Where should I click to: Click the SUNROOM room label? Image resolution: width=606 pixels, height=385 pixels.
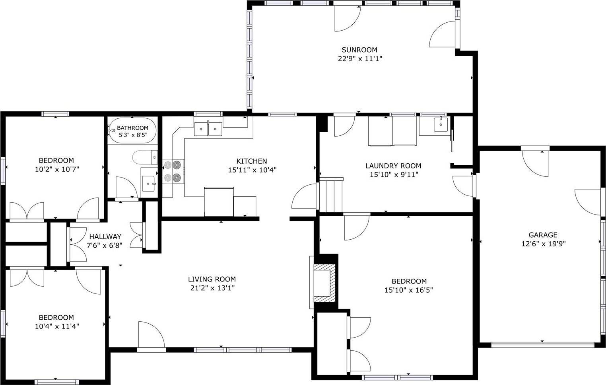359,50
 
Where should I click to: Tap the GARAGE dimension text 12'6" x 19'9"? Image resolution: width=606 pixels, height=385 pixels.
543,244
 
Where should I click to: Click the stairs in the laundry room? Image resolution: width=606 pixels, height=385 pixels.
332,195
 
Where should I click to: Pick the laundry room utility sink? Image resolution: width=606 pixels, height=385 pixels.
440,124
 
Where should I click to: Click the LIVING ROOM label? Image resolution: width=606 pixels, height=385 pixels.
212,279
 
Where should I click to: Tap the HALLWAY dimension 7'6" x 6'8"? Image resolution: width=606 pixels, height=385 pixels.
105,245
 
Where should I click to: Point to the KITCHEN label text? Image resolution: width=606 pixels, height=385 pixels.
251,161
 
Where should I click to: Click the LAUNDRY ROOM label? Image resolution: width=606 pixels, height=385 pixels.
393,166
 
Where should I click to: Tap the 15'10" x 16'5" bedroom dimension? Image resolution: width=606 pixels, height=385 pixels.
409,290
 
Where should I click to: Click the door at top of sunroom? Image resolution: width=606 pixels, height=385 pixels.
347,18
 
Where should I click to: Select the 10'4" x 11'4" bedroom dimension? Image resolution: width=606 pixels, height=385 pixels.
56,326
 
